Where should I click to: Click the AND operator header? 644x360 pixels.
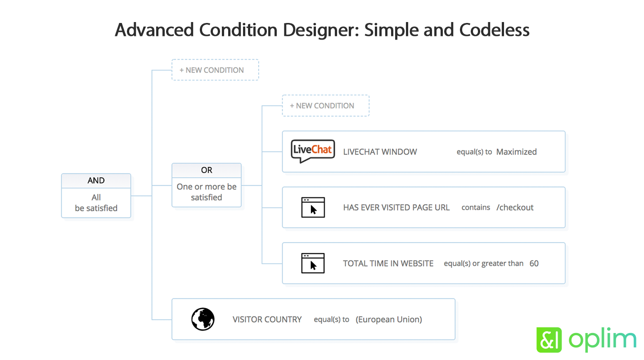point(96,180)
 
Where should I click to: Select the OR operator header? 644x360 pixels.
point(207,170)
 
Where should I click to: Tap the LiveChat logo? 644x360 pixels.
point(313,151)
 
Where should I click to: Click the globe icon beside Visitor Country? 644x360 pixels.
point(203,319)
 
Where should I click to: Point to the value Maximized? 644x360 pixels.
point(516,152)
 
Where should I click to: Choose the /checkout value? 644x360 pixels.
point(515,207)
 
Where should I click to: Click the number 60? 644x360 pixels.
point(534,263)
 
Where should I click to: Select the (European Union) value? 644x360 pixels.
point(388,319)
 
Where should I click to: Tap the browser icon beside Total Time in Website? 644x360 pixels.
point(313,263)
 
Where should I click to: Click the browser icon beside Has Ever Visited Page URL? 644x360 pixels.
point(313,207)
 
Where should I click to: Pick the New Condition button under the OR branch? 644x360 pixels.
point(325,106)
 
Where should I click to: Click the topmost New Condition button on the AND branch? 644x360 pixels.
point(215,70)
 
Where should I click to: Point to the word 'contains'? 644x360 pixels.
point(476,207)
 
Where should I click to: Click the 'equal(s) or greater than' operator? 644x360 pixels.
point(483,263)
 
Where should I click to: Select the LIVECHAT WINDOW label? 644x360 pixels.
point(380,152)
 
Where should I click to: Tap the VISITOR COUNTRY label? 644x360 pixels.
point(267,319)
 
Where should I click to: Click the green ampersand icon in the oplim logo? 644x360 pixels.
point(549,340)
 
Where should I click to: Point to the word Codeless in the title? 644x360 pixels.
point(494,30)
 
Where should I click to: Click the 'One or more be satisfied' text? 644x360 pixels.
point(207,192)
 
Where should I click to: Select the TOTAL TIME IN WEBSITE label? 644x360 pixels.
point(388,263)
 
